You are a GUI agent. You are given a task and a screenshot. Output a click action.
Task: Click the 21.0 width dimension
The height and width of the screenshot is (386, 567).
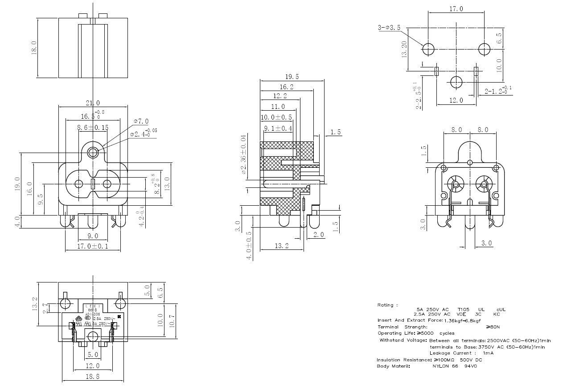point(93,103)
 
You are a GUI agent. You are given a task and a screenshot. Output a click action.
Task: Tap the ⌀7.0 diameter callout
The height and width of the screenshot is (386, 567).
point(141,121)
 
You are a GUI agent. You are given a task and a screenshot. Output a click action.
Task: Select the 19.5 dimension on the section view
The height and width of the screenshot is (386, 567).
point(292,76)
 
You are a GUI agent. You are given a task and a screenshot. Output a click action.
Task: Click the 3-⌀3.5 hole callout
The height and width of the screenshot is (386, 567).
point(389,28)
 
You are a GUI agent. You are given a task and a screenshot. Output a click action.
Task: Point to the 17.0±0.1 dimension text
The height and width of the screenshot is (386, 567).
point(93,246)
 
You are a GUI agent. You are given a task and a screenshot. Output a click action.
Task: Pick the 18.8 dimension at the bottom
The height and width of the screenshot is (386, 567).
point(93,377)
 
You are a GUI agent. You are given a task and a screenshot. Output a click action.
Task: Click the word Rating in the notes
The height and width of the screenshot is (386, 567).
point(386,305)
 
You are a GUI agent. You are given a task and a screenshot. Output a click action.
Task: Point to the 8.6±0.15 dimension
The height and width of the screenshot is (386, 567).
point(93,128)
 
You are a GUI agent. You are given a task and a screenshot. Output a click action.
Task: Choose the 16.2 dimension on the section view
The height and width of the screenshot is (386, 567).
point(286,87)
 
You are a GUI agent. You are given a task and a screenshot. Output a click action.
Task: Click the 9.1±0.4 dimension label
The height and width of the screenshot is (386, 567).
point(278,129)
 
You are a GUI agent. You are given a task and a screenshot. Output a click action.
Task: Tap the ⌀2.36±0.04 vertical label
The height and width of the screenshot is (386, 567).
point(243,154)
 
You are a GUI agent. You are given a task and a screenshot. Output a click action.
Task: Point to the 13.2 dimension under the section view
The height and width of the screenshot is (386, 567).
point(281,246)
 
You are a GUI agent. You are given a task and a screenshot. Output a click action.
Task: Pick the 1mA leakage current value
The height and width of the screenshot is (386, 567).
point(489,353)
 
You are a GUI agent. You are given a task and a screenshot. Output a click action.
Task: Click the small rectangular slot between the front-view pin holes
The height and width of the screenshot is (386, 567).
point(93,184)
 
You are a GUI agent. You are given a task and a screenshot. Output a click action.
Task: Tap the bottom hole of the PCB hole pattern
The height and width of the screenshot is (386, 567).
point(456,82)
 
